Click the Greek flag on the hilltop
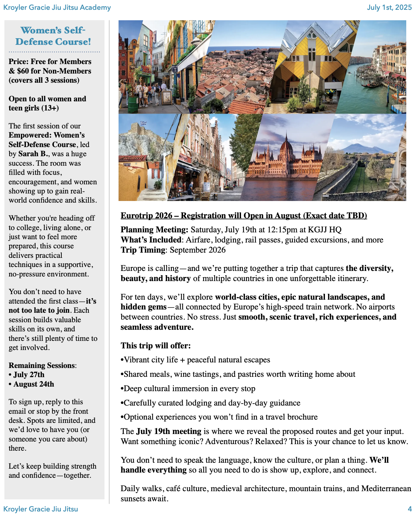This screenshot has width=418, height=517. [143, 123]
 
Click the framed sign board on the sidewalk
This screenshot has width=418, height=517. [167, 97]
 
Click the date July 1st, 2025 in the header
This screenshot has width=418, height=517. [389, 7]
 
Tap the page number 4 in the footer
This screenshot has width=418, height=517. [410, 509]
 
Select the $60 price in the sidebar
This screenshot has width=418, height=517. [23, 71]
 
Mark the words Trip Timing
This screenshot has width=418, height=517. [143, 250]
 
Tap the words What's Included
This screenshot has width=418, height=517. [151, 240]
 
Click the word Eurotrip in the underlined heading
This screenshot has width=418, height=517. [137, 216]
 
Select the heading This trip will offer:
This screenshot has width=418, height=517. [155, 346]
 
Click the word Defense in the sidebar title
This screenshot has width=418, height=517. [29, 42]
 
